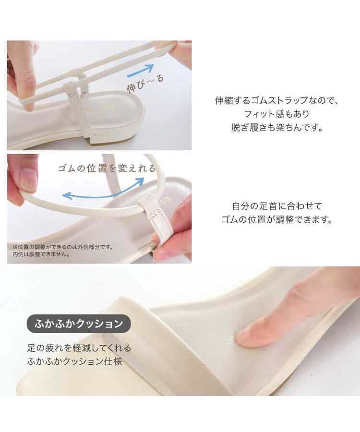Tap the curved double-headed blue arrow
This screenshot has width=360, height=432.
click(104, 191)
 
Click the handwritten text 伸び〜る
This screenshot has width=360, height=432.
click(145, 83)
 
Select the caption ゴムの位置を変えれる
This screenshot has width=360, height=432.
click(107, 168)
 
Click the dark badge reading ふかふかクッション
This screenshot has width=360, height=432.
click(79, 324)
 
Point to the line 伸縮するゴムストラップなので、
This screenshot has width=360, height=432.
click(276, 100)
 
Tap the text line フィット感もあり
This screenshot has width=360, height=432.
click(276, 114)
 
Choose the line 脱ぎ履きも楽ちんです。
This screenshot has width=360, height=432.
click(276, 127)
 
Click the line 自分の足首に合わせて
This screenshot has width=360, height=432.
click(277, 206)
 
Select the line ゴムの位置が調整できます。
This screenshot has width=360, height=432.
click(277, 219)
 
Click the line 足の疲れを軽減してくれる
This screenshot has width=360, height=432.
click(79, 348)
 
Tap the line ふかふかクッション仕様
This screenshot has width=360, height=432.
click(75, 361)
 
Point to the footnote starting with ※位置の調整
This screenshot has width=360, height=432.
click(62, 247)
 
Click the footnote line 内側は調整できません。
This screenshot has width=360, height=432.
click(41, 254)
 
